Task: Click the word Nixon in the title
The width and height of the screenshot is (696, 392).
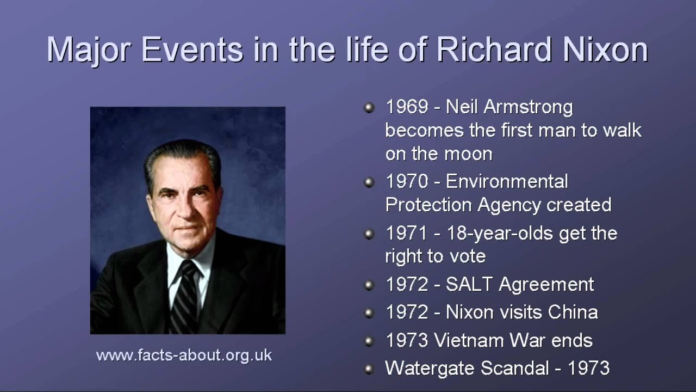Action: [x=606, y=50]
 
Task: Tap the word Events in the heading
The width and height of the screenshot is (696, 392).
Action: [x=192, y=50]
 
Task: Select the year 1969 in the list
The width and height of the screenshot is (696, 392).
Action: [x=407, y=107]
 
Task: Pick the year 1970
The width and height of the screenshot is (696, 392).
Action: [x=407, y=181]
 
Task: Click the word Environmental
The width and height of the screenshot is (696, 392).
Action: [x=507, y=181]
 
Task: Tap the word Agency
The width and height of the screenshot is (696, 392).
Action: [x=509, y=206]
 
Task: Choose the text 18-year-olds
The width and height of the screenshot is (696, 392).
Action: [x=500, y=234]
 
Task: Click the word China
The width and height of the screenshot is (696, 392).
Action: [x=573, y=312]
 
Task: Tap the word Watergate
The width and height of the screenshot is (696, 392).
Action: [x=430, y=369]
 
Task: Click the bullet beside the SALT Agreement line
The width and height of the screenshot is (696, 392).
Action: [x=369, y=285]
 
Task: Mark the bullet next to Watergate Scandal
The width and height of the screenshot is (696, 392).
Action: [x=369, y=369]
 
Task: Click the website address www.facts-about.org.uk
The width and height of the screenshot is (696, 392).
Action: [x=184, y=356]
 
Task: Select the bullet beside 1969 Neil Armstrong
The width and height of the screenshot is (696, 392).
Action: [x=369, y=108]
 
